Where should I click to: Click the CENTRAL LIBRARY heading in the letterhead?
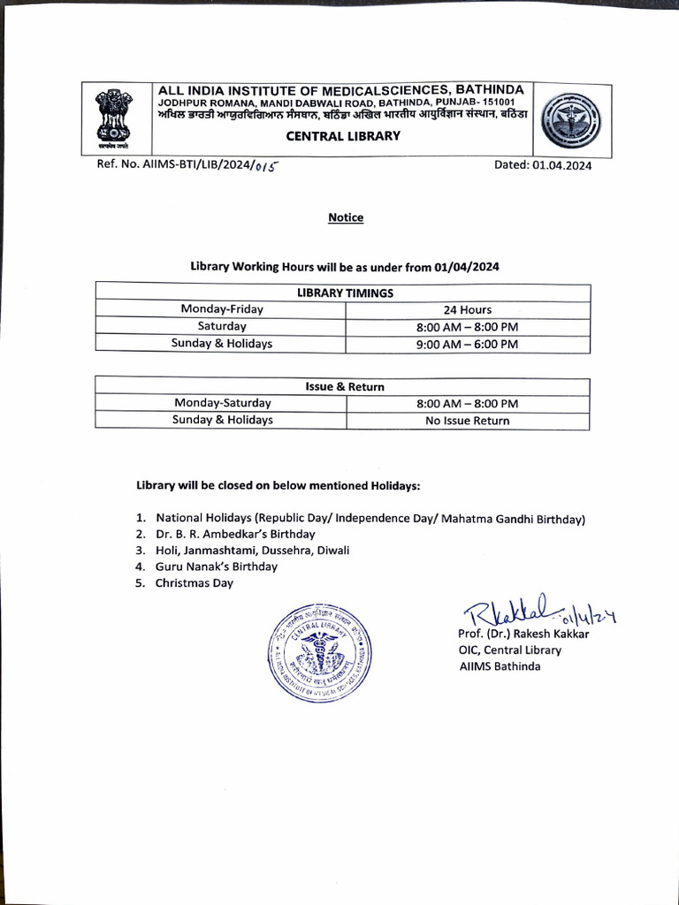coord(343,136)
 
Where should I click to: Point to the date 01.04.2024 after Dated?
coord(561,165)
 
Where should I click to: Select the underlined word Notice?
coord(346,217)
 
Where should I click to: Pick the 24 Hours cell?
coord(468,309)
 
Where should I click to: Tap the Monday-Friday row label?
coord(222,309)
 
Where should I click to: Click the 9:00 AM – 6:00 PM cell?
coord(467,344)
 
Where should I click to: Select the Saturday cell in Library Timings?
coord(222,326)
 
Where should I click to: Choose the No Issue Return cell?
coord(467,421)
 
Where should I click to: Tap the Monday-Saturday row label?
coord(222,403)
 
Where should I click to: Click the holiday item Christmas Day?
coord(195,582)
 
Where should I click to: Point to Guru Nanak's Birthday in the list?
coord(216,567)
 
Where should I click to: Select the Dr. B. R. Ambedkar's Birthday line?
coord(235,534)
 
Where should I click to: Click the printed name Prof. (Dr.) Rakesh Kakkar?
coord(523,634)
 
